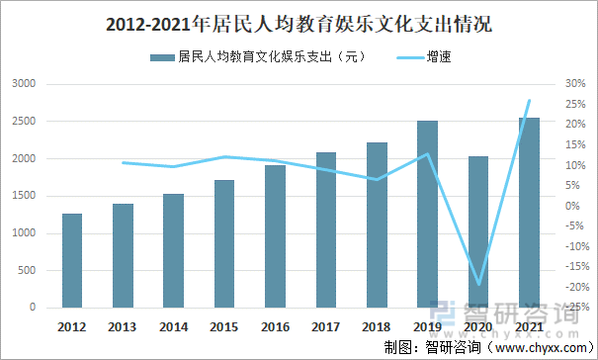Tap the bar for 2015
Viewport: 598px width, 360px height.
tap(224, 243)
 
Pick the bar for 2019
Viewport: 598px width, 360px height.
tap(427, 214)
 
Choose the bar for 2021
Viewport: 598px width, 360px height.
tap(529, 213)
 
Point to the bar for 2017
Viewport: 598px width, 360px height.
tap(325, 229)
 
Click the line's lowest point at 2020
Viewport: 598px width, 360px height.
tap(478, 285)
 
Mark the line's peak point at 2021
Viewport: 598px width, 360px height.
tap(529, 100)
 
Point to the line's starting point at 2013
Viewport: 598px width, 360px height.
tap(123, 162)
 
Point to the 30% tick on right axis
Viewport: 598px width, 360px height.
tap(573, 84)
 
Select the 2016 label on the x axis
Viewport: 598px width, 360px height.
tap(275, 326)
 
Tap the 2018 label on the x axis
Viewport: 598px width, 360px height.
tap(377, 326)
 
